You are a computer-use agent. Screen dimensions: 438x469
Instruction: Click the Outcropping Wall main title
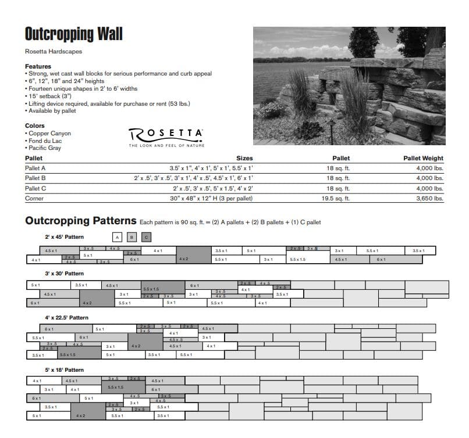click(73, 34)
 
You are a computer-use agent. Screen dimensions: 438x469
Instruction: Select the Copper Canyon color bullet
click(49, 134)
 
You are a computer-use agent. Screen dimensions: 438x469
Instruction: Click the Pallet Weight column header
click(423, 158)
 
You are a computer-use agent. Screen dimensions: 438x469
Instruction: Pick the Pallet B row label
click(35, 178)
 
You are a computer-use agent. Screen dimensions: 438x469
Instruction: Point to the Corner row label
click(34, 198)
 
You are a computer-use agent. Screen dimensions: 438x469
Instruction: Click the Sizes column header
click(244, 158)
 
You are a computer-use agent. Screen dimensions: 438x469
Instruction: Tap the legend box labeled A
click(117, 236)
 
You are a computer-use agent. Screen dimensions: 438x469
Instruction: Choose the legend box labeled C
click(147, 236)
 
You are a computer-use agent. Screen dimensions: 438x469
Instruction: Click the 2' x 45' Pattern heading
click(65, 236)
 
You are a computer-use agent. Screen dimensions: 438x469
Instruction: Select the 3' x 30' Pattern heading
click(65, 273)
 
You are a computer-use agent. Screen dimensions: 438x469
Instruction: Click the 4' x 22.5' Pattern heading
click(67, 318)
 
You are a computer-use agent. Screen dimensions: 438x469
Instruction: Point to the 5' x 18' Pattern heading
click(65, 369)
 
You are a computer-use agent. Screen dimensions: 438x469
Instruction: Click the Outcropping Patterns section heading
click(81, 221)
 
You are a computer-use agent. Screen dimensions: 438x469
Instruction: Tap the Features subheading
click(38, 66)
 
